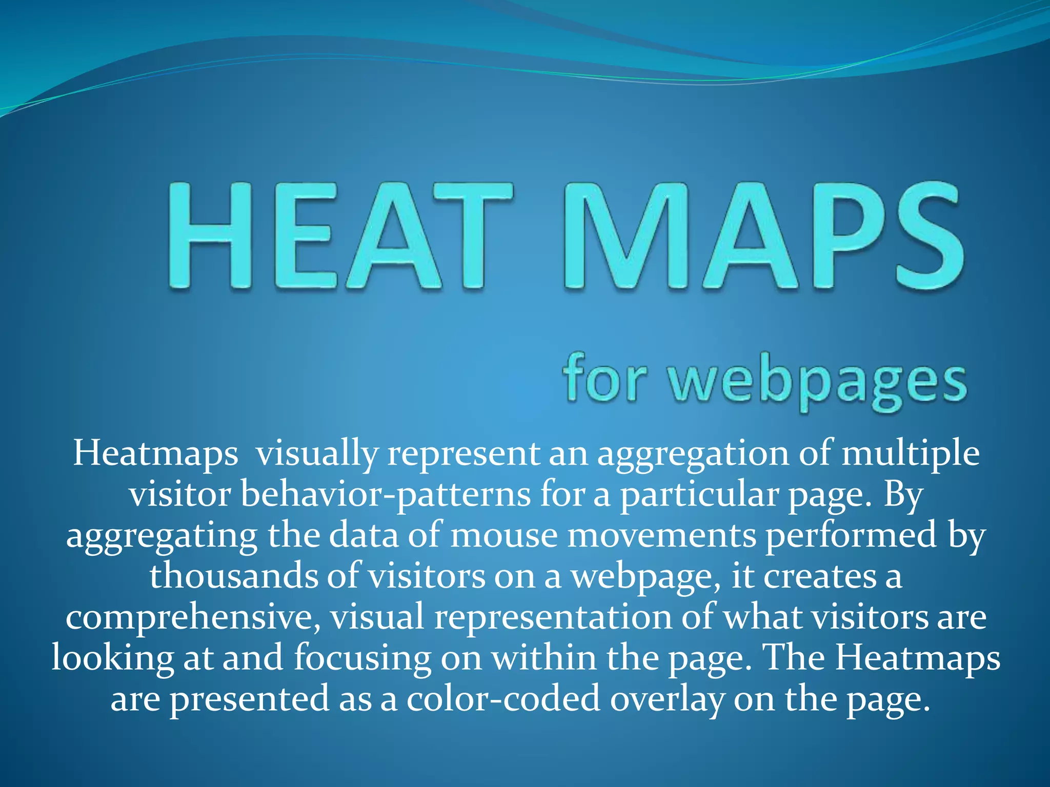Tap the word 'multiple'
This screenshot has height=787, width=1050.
[x=911, y=453]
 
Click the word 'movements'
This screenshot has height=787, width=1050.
[x=661, y=536]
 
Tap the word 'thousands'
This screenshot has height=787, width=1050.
[x=233, y=576]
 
